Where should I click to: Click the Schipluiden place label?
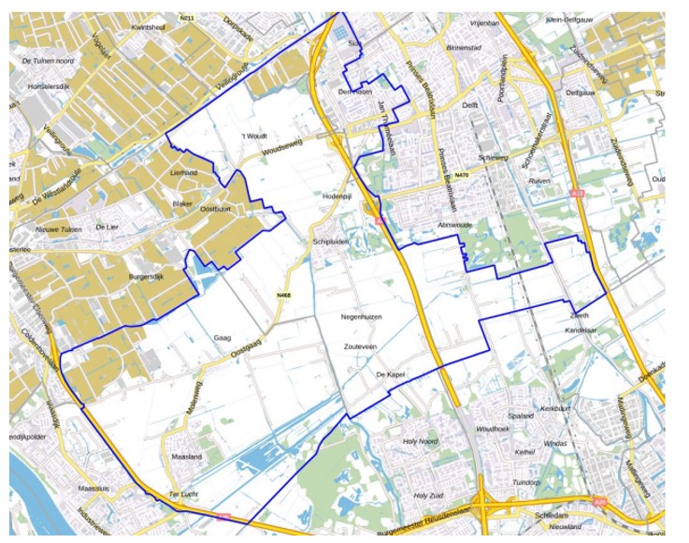(330, 241)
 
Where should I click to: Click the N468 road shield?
(282, 296)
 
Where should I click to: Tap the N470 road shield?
(461, 175)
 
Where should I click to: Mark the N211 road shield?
(187, 18)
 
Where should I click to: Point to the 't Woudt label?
(253, 137)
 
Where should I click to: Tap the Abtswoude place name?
(455, 226)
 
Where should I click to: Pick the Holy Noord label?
(420, 441)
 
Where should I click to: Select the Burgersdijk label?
(147, 278)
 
